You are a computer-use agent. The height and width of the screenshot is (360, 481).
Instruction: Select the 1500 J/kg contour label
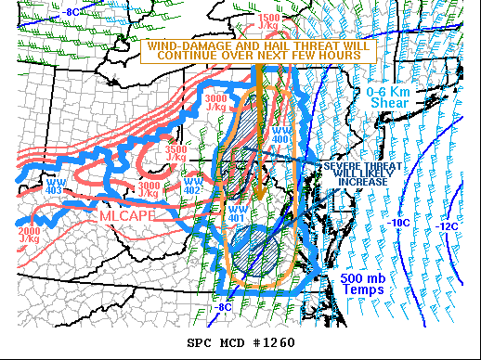(269, 22)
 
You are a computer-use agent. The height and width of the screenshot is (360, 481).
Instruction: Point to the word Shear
(385, 102)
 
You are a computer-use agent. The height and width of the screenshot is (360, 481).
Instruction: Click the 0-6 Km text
(385, 91)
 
